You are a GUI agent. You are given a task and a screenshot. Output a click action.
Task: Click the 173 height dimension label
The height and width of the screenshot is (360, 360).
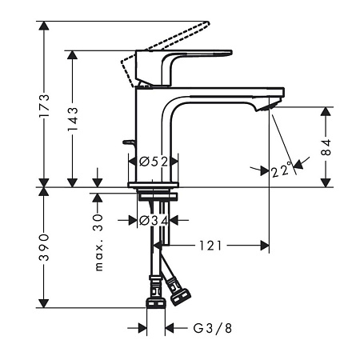(x=44, y=106)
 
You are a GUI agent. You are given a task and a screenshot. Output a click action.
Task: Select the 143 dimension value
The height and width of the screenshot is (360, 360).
(x=73, y=119)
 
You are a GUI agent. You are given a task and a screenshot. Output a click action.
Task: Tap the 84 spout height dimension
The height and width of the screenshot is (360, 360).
(x=326, y=147)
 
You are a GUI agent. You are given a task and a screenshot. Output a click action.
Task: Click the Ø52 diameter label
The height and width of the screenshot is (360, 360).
(x=154, y=162)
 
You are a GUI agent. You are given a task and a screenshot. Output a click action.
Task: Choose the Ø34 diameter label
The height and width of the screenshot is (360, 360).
(x=154, y=221)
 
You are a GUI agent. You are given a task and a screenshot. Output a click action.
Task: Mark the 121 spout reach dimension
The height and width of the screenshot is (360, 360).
(x=210, y=246)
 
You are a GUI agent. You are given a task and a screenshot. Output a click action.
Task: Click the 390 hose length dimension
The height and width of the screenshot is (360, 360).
(x=44, y=247)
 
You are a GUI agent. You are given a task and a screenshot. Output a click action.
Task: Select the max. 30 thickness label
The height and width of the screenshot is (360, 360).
(x=98, y=242)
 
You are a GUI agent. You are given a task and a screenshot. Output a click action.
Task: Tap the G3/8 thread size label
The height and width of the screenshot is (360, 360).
(x=213, y=328)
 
